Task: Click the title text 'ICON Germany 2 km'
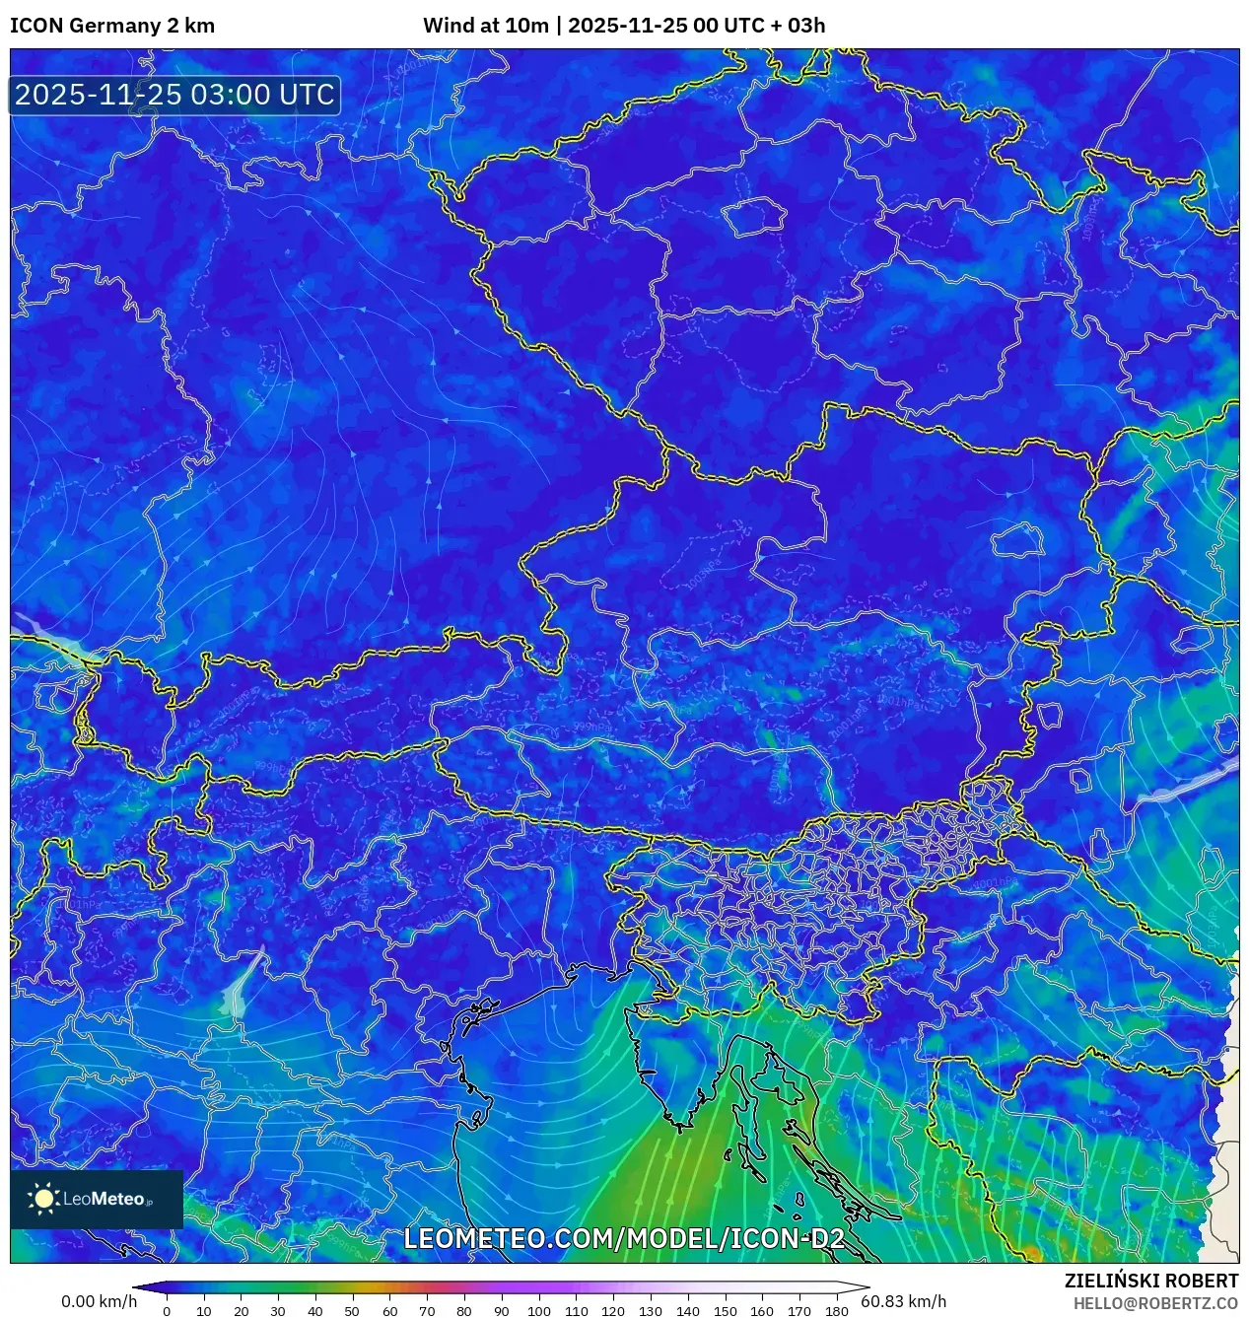click(x=112, y=26)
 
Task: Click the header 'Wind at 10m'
click(x=485, y=26)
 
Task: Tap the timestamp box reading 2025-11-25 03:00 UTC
click(x=174, y=95)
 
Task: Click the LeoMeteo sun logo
click(x=44, y=1198)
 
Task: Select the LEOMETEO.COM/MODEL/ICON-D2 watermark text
click(x=624, y=1238)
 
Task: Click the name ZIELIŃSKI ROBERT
click(x=1150, y=1281)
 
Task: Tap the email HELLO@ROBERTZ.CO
click(x=1155, y=1303)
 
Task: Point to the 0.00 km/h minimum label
click(x=99, y=1301)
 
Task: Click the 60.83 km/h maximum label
click(x=903, y=1301)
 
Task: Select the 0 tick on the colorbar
click(x=167, y=1311)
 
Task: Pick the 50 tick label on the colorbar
click(x=352, y=1311)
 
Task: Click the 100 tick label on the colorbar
click(x=538, y=1311)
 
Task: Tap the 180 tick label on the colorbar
click(x=837, y=1311)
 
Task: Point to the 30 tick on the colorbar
click(x=278, y=1311)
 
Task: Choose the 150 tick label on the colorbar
click(x=725, y=1311)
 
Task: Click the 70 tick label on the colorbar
click(x=427, y=1311)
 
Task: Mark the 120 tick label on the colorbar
click(x=613, y=1311)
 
